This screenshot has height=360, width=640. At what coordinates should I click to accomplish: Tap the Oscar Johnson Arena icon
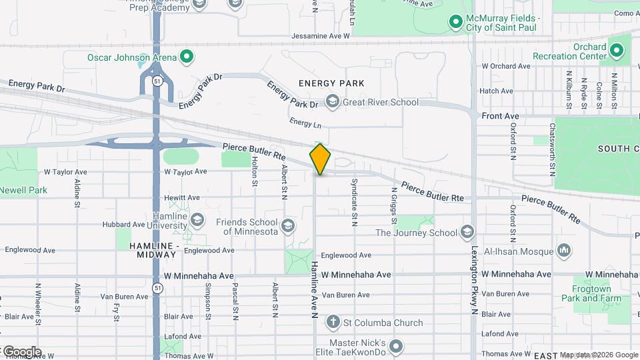(187, 57)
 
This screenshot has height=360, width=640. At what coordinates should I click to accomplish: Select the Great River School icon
(332, 102)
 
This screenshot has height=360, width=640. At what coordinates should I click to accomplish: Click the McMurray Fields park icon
(456, 23)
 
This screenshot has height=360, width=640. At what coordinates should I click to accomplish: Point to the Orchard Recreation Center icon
(617, 51)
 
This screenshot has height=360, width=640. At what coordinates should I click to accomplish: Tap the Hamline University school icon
(197, 219)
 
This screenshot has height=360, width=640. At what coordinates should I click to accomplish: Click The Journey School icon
(467, 232)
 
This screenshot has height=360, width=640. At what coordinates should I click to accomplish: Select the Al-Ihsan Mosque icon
(564, 251)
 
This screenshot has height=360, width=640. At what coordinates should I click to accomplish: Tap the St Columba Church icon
(333, 323)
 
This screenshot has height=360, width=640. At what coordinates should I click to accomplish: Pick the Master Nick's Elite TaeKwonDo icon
(397, 345)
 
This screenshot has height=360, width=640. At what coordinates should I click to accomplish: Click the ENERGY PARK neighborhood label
(331, 83)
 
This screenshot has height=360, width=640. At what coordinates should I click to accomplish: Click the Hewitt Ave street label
(182, 198)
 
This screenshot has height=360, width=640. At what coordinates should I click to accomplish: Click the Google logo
(22, 351)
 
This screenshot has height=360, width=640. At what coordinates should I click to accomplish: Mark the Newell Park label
(23, 190)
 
